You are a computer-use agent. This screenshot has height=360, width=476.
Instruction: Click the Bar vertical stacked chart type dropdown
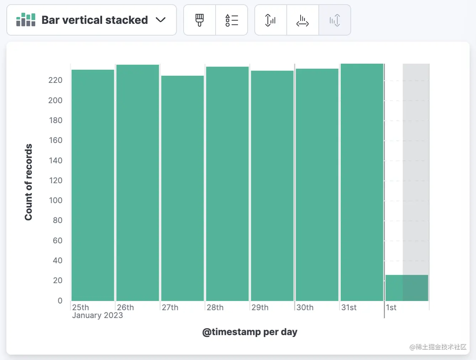coord(91,20)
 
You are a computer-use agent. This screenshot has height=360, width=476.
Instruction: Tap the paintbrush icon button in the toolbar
coord(200,20)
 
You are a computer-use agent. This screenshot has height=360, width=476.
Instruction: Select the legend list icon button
coord(232,20)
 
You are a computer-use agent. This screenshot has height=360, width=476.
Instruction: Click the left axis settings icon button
coord(270,20)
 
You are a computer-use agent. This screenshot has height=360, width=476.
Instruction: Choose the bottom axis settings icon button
coord(302,20)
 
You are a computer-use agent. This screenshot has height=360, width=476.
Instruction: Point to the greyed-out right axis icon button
coord(334,20)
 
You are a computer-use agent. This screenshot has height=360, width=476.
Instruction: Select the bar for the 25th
coord(93,185)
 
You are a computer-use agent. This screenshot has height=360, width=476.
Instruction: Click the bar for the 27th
coord(183,189)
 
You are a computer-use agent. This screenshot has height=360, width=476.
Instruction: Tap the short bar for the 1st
coord(407,288)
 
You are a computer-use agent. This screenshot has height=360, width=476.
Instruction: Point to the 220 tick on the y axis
coord(55,80)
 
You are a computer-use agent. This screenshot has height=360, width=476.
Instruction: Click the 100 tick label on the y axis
coord(55,200)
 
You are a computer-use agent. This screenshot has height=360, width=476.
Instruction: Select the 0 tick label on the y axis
coord(60,301)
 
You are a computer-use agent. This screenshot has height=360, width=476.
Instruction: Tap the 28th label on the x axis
coord(215,307)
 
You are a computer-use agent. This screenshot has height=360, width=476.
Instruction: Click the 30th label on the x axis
coord(305,307)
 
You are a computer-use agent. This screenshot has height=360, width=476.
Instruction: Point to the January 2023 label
coord(97,316)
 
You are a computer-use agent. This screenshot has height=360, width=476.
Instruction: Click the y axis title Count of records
coord(28,182)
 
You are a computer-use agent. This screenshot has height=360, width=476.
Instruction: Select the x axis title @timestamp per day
coord(250,332)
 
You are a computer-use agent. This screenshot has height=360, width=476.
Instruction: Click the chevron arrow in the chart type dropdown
coord(161,20)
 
